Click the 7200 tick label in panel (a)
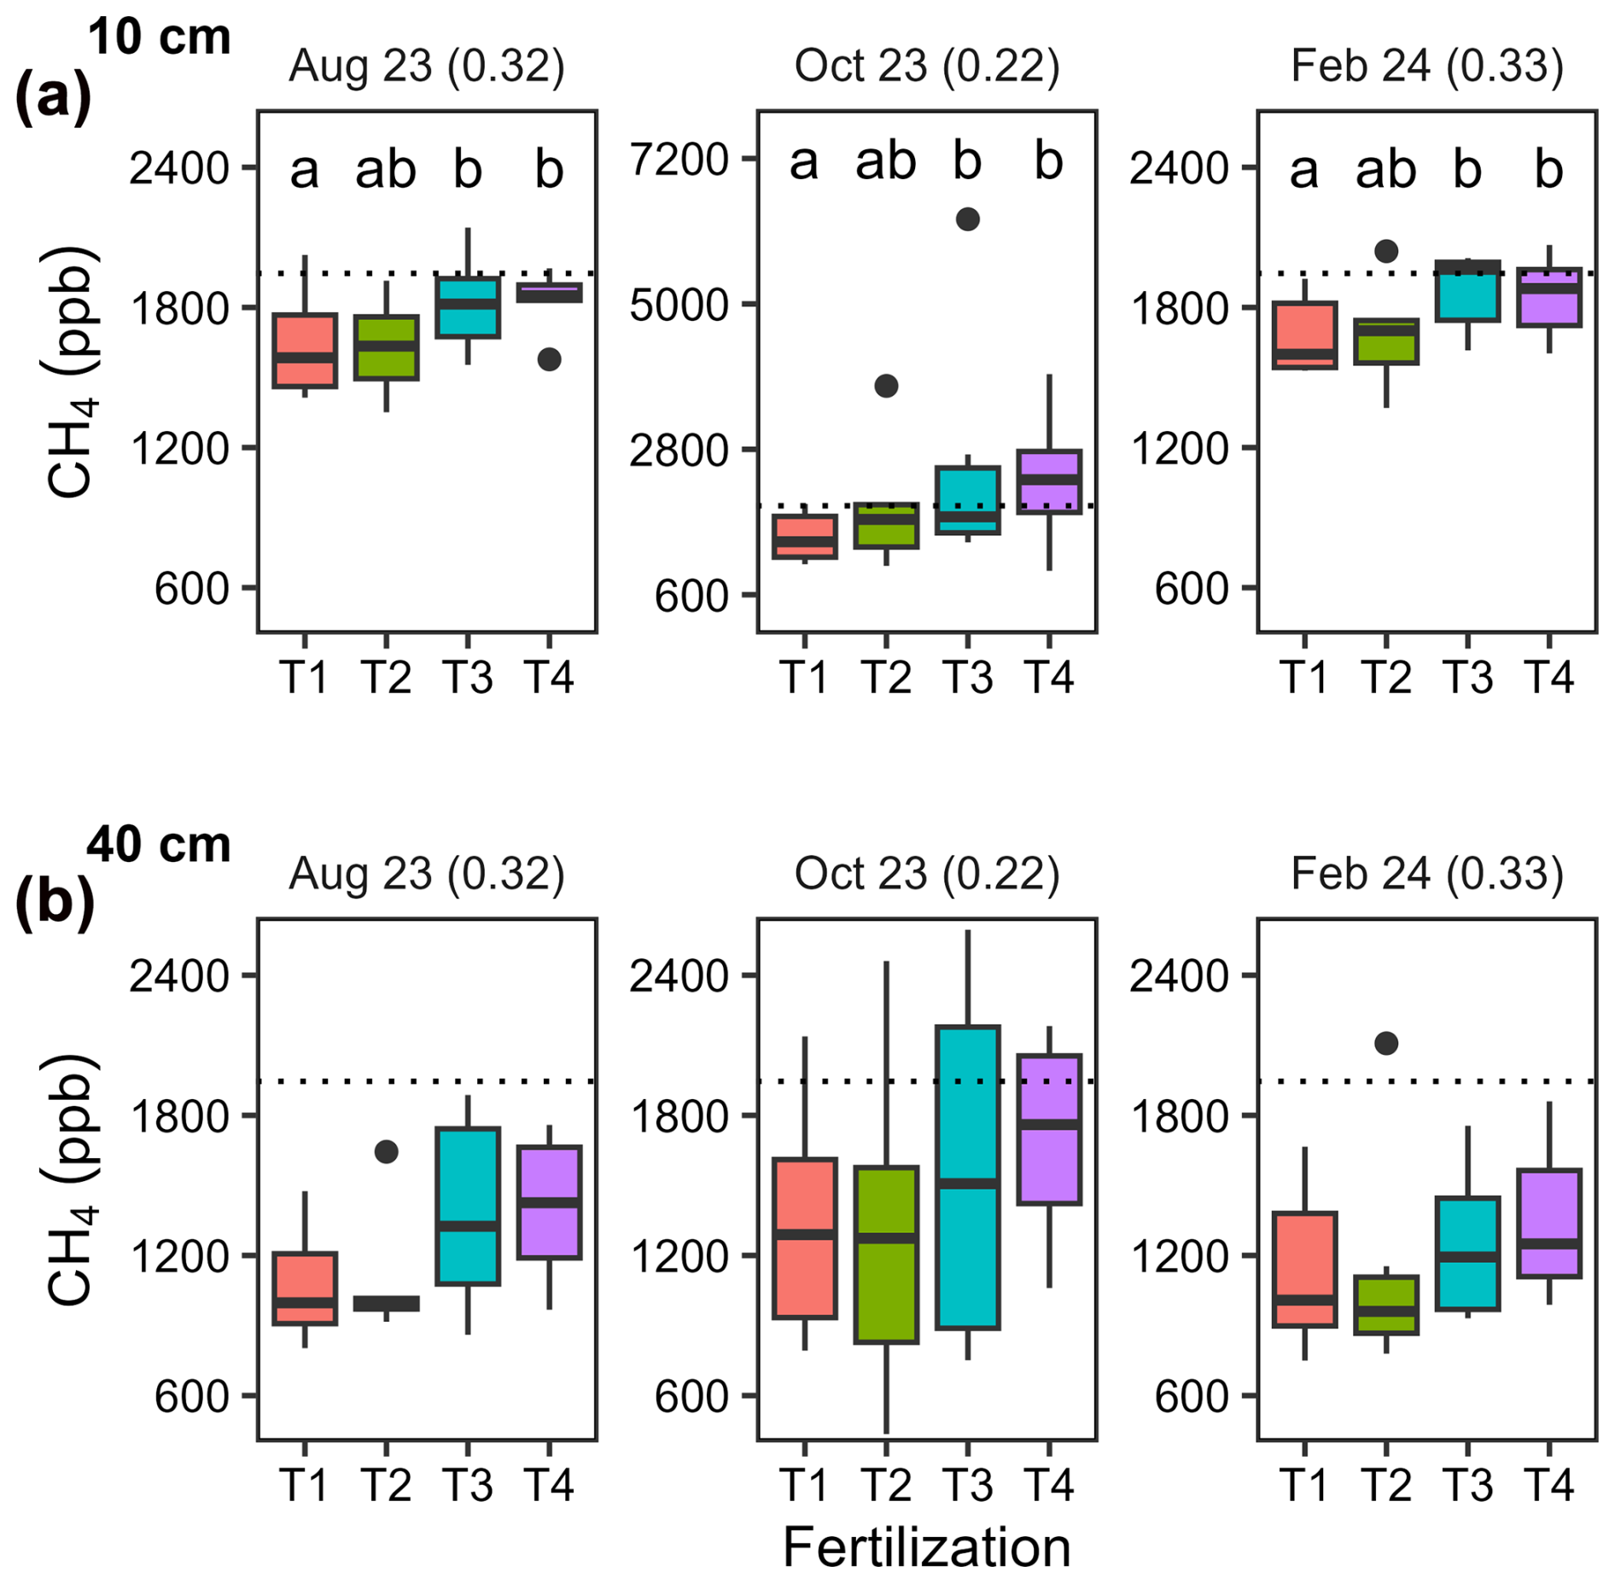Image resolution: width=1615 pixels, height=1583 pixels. coord(678,160)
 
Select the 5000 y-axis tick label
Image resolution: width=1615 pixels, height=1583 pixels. coord(678,306)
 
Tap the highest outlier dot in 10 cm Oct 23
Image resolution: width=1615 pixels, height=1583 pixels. coord(967,219)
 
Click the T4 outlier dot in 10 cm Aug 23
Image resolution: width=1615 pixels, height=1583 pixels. coord(549,359)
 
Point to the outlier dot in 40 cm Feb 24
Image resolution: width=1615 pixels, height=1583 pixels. coord(1386,1043)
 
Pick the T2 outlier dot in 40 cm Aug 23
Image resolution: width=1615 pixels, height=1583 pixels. coord(386,1152)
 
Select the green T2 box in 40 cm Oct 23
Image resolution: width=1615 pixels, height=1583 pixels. coord(886,1254)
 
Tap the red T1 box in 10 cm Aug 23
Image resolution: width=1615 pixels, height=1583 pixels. coord(305,351)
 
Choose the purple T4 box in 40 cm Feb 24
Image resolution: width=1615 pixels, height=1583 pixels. coord(1549,1224)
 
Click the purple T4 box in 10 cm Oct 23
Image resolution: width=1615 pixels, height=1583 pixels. coord(1049,481)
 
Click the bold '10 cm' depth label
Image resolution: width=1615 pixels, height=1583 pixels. coord(159,38)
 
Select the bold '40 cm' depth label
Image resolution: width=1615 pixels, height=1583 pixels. coord(159,845)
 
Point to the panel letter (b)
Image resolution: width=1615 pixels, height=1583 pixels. coord(54,903)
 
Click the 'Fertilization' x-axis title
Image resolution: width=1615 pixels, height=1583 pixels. coord(926,1546)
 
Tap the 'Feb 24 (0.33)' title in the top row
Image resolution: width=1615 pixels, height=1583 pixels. coord(1427,66)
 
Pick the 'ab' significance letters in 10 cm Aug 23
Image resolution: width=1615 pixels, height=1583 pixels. coord(386,170)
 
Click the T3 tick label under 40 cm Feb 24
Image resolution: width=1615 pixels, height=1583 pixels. coord(1467,1485)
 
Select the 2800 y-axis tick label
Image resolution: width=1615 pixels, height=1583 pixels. coord(678,451)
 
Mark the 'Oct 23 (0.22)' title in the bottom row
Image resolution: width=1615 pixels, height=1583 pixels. coord(926,873)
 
